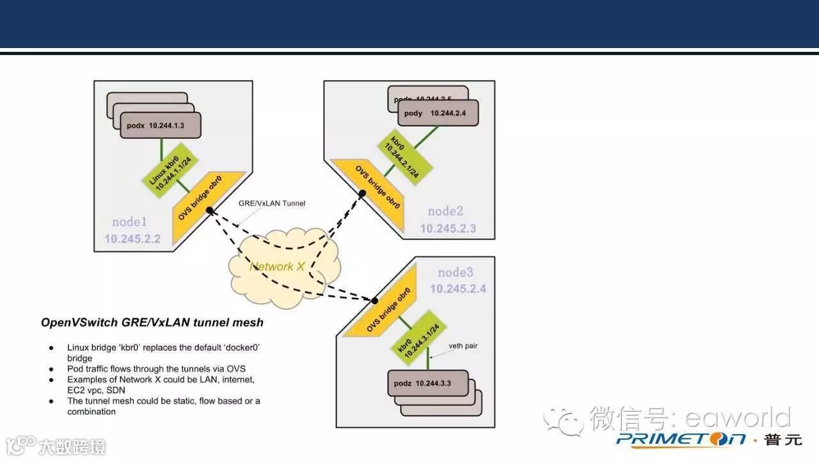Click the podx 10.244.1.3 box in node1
(161, 125)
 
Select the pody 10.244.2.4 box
(438, 113)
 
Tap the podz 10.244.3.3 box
(427, 384)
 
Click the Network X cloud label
(276, 266)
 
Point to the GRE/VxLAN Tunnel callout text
(272, 203)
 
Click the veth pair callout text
(463, 346)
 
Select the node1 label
(130, 222)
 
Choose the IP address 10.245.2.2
(132, 239)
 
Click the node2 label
(445, 211)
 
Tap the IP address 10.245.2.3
(448, 228)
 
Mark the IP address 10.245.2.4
(457, 289)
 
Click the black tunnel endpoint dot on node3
(375, 300)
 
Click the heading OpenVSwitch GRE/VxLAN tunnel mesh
(152, 323)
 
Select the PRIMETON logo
(681, 439)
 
